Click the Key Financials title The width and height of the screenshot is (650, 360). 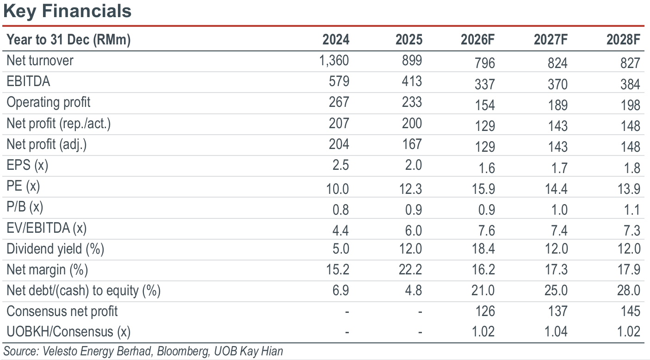click(68, 11)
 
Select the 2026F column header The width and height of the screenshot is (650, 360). click(477, 39)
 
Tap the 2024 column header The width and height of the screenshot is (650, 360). click(336, 39)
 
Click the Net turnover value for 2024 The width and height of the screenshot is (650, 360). click(334, 61)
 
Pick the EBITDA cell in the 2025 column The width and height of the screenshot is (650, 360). click(412, 81)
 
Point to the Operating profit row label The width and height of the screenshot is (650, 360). click(49, 102)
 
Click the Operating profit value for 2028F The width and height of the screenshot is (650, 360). click(630, 105)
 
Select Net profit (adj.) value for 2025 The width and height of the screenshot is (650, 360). click(412, 144)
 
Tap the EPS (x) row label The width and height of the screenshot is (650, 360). click(27, 166)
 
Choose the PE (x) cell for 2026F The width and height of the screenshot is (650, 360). click(483, 189)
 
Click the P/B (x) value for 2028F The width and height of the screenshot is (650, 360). click(631, 210)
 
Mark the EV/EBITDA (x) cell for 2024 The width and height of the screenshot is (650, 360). click(340, 231)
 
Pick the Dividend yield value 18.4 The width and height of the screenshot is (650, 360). click(483, 249)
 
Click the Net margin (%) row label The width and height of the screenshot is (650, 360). click(47, 270)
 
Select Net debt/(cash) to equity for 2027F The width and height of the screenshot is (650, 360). click(556, 290)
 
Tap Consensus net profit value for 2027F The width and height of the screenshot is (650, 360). click(557, 311)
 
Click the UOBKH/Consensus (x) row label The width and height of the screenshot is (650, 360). click(68, 332)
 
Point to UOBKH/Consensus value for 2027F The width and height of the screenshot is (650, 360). click(556, 332)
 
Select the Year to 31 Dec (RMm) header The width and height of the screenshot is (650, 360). click(68, 40)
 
